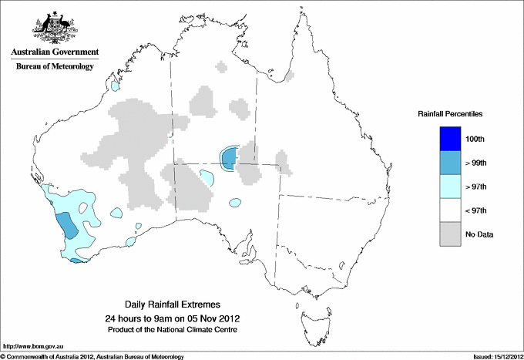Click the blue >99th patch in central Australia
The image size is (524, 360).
click(229, 159)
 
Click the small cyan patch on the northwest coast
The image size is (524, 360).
click(116, 87)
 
